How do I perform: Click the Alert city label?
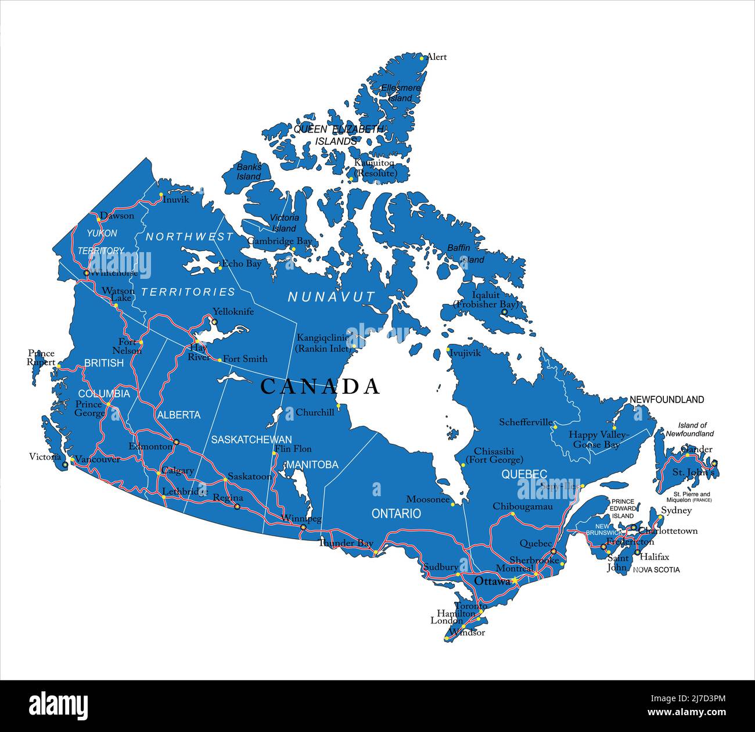[436, 57]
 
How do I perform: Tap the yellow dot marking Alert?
[422, 58]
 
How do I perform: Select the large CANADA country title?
[320, 386]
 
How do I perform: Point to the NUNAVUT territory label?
[332, 297]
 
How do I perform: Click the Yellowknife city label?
[233, 311]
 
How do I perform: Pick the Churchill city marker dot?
[337, 406]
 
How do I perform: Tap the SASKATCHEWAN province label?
[251, 439]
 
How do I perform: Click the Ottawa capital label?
[492, 581]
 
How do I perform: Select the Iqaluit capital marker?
[504, 312]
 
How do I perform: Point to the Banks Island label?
[249, 171]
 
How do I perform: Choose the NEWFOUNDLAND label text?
[667, 400]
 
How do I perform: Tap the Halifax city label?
[654, 557]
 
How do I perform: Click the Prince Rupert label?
[41, 357]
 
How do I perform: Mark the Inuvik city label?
[176, 199]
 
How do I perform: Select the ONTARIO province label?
[396, 514]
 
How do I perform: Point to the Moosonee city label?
[428, 499]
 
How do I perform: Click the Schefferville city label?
[526, 422]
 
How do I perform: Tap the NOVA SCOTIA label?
[656, 570]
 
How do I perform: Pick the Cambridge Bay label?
[279, 241]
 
